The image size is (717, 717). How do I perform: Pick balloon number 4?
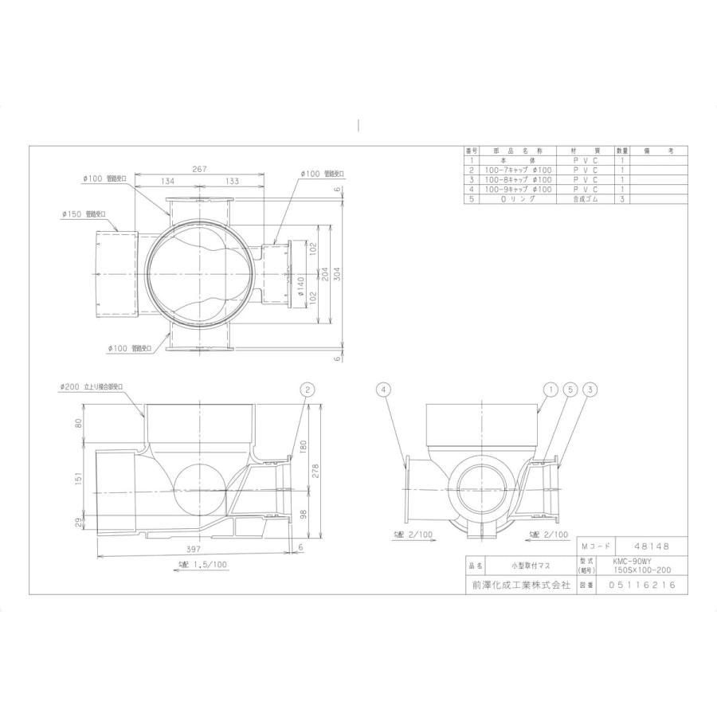click(x=385, y=390)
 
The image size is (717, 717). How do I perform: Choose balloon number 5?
click(x=569, y=390)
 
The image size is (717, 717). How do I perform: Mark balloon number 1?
click(x=549, y=390)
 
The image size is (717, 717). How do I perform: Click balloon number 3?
click(x=590, y=390)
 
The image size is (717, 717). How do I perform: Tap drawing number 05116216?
click(x=641, y=584)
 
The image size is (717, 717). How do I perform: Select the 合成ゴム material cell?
click(x=584, y=200)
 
